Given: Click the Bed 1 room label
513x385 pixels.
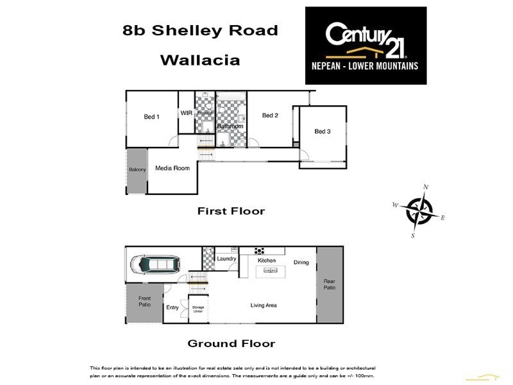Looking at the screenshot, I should click(151, 117).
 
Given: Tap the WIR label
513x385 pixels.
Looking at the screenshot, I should click(186, 113).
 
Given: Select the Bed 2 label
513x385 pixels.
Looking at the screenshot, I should click(270, 116).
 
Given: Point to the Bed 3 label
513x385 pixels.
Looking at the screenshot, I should click(322, 132).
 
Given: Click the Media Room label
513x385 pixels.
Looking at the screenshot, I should click(172, 168).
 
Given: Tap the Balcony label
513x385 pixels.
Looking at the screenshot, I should click(137, 169).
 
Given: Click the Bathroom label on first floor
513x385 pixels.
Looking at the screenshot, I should click(230, 126).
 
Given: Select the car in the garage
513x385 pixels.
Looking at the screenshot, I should click(156, 264).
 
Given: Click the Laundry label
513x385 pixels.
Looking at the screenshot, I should click(227, 259).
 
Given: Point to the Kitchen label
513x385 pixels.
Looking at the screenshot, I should click(266, 261).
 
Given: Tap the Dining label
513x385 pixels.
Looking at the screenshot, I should click(301, 262).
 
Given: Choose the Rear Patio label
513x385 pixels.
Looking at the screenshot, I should click(330, 284).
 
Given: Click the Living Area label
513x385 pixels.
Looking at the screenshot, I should click(264, 305).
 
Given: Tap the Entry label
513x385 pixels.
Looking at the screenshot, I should click(172, 308).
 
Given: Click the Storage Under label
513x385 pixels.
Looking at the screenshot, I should click(198, 309).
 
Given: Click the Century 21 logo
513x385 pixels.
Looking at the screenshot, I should click(366, 45).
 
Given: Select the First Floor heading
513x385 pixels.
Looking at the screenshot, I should click(231, 210).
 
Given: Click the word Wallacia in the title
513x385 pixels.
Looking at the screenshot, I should click(199, 61).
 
